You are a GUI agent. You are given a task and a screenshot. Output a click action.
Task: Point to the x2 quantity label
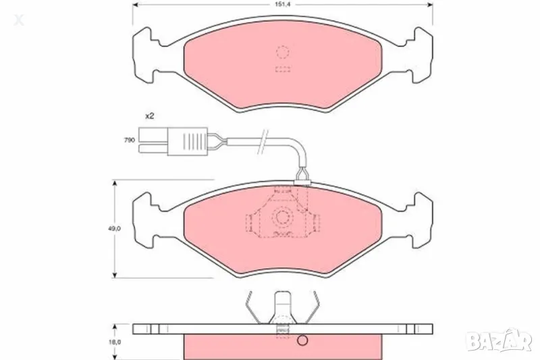[x=149, y=116]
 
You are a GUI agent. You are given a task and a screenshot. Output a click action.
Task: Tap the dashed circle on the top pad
[x=282, y=52]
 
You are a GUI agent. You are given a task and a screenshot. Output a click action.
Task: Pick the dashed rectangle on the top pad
[x=282, y=69]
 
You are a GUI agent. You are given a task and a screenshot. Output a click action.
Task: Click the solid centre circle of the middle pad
[x=282, y=217]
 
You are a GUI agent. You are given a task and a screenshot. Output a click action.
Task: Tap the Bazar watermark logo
[x=506, y=342]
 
